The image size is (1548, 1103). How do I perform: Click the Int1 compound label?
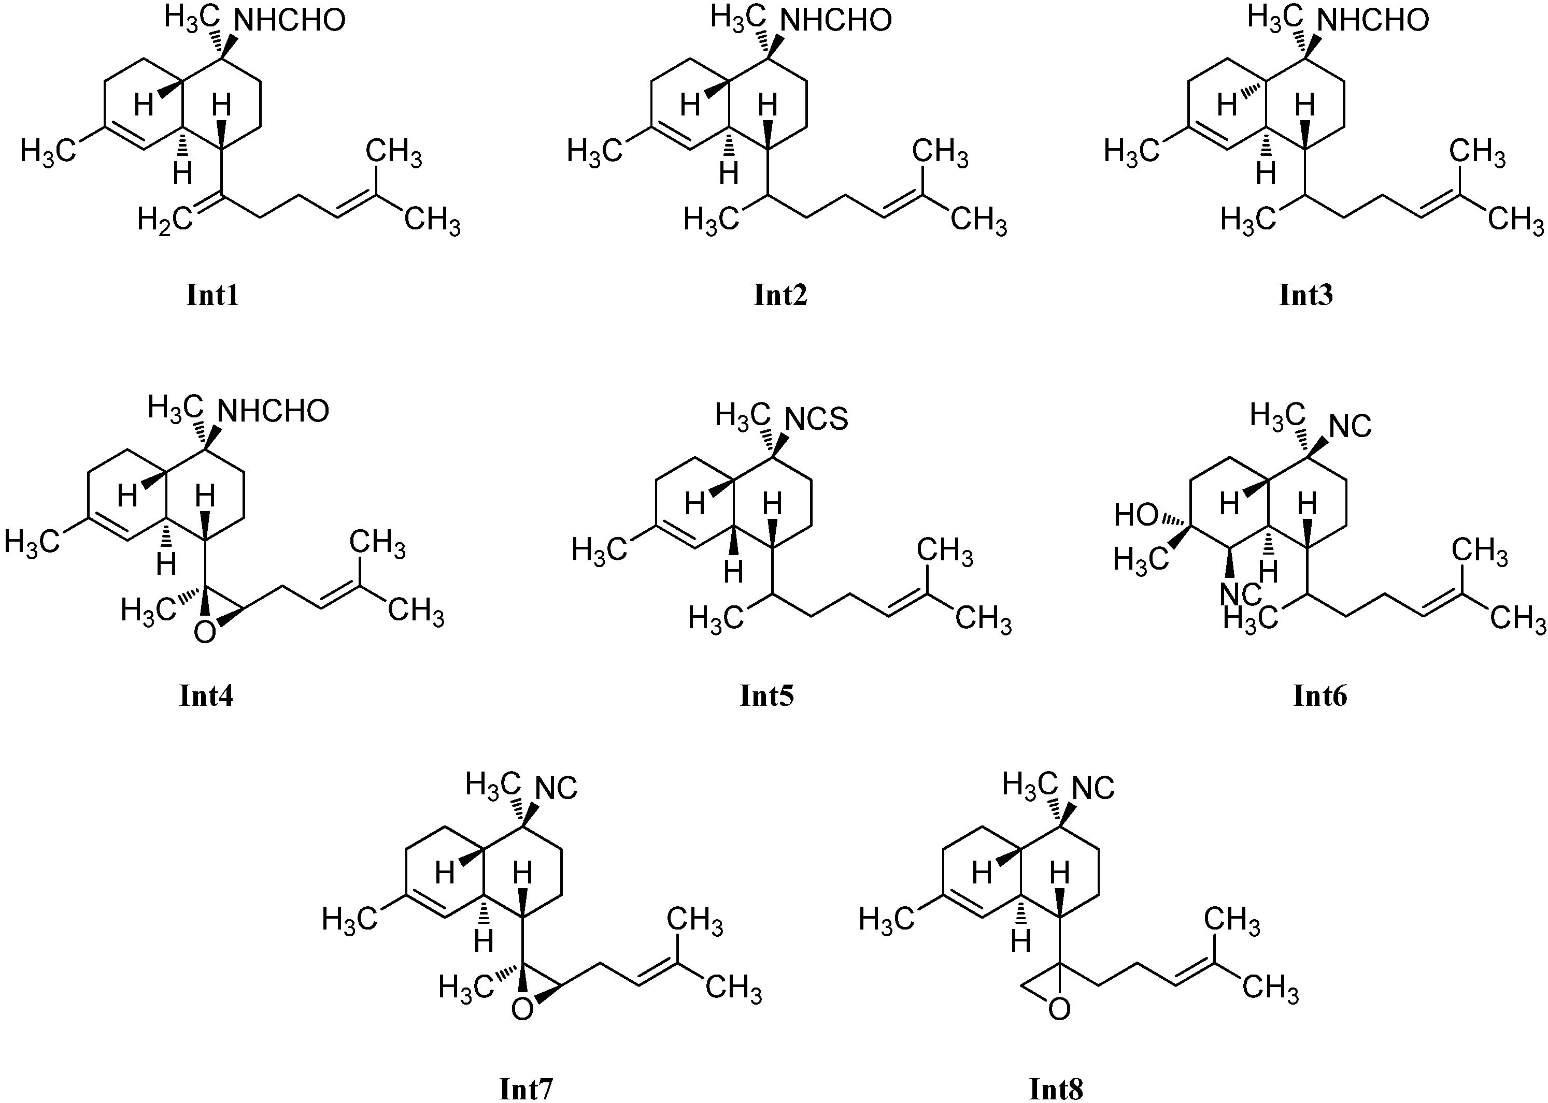click(212, 296)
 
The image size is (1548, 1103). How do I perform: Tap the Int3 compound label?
click(1306, 296)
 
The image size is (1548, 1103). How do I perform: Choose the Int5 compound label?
click(766, 696)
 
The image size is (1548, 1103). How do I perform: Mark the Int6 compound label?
click(1319, 696)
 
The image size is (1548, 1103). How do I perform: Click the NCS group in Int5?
click(817, 419)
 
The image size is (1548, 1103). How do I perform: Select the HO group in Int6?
click(1135, 516)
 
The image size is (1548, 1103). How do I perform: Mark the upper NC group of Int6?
click(1350, 427)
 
